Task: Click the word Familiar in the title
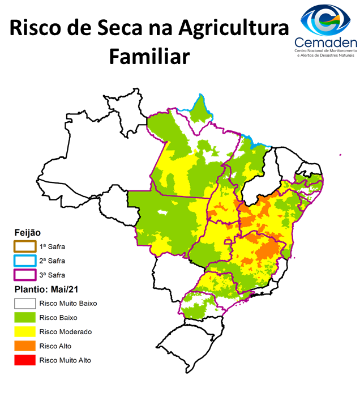click(148, 57)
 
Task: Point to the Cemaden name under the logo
click(325, 42)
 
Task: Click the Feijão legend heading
click(27, 233)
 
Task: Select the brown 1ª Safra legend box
click(25, 246)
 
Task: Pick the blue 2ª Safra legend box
click(25, 261)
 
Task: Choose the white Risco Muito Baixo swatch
click(25, 303)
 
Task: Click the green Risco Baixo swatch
click(25, 317)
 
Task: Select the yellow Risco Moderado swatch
click(25, 331)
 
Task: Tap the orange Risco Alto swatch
click(25, 346)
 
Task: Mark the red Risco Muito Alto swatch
click(25, 360)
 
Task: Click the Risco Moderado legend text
click(66, 331)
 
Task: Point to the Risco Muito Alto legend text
click(65, 360)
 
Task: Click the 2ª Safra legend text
click(52, 261)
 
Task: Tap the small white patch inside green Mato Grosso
click(164, 213)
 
